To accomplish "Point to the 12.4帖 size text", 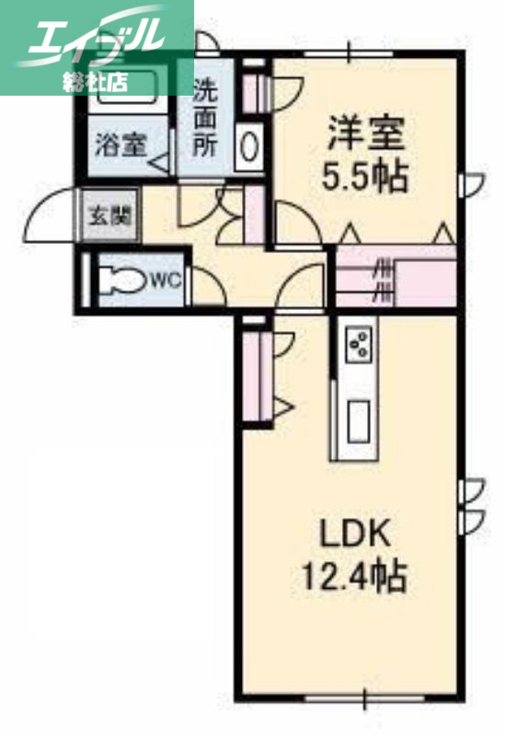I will pyautogui.click(x=355, y=577).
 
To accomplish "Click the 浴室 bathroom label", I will pyautogui.click(x=121, y=145).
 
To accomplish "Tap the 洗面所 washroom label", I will pyautogui.click(x=205, y=119).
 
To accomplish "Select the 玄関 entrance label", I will pyautogui.click(x=109, y=217).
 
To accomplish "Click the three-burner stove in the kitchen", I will pyautogui.click(x=358, y=345).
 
